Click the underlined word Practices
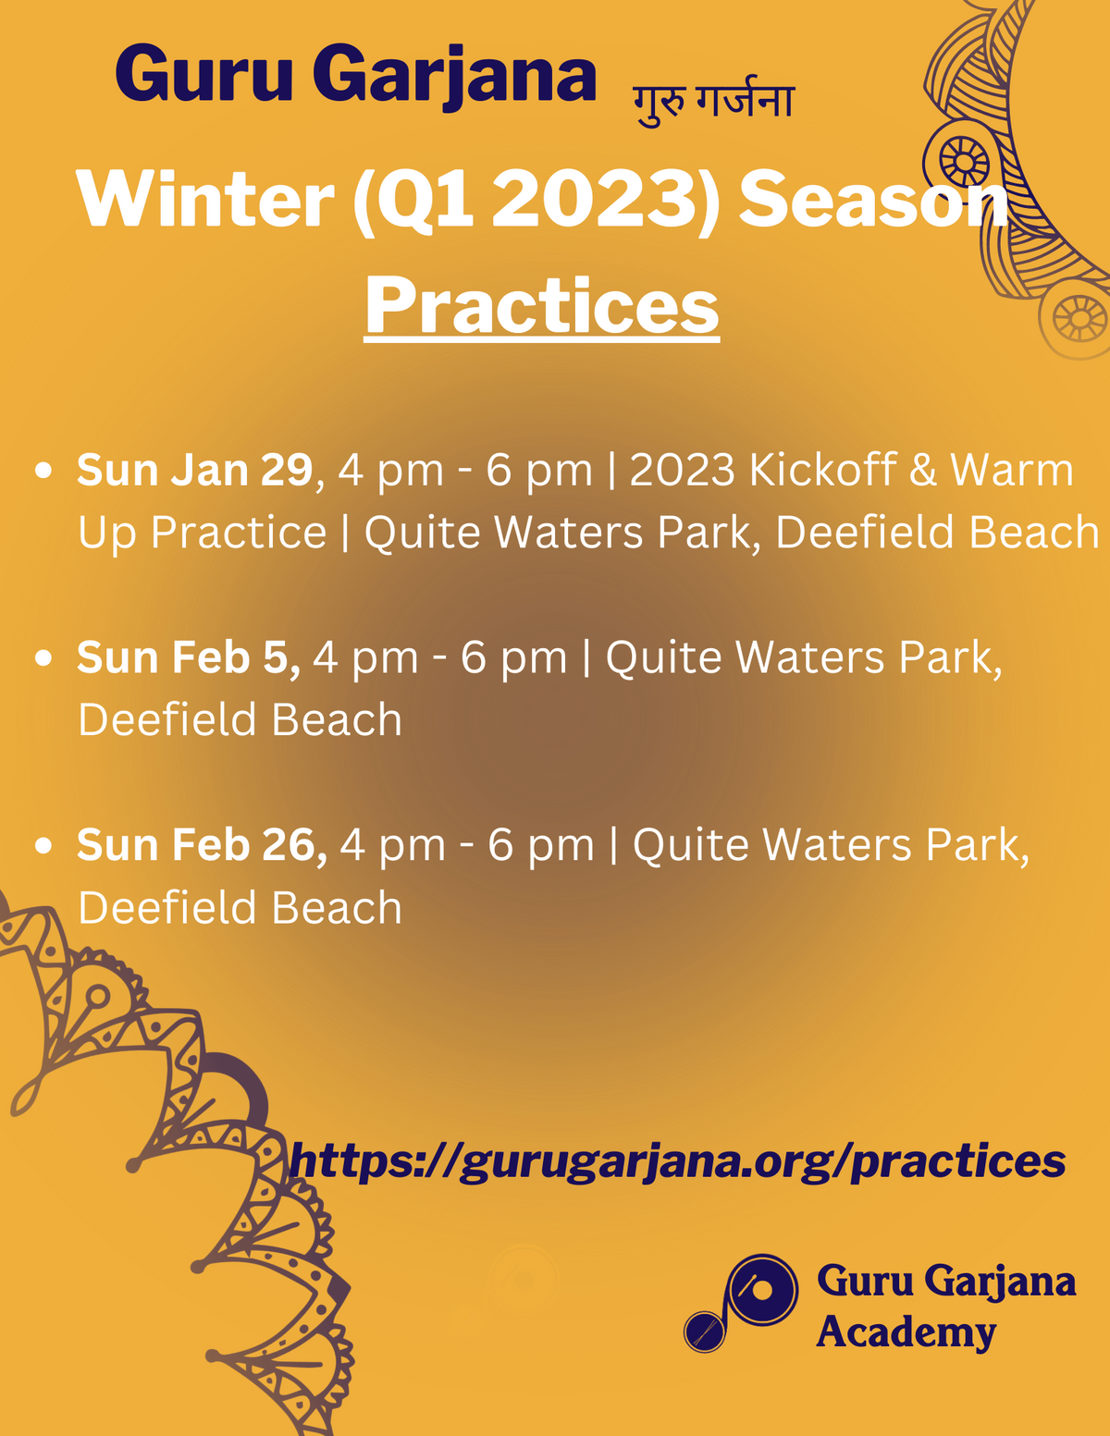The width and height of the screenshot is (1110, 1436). point(541,308)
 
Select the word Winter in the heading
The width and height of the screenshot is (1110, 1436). point(205,198)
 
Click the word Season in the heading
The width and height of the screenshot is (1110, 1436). point(872,198)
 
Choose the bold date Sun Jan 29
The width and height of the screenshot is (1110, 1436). point(194,470)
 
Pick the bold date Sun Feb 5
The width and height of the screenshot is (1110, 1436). point(188,657)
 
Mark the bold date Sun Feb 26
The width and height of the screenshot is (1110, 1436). point(202,845)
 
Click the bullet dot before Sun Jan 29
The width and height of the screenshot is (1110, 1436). point(43,471)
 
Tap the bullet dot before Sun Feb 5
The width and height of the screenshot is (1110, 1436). point(43,658)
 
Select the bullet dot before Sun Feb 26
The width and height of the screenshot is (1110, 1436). point(43,846)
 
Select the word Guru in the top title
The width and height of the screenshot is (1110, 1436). point(203,73)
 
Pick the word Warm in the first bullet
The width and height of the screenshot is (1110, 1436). point(1012,470)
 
